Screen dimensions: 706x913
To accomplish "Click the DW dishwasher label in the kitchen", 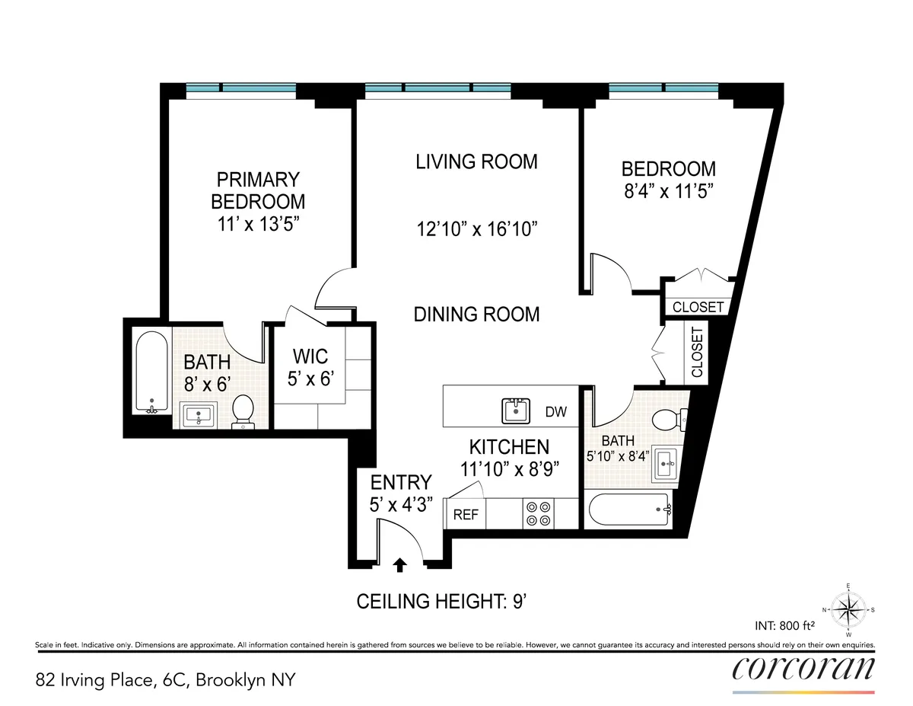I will point(556,412).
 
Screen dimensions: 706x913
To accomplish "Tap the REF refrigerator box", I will point(466,514).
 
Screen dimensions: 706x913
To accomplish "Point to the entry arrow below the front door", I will point(400,564).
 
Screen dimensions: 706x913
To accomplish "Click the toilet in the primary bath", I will point(243,413).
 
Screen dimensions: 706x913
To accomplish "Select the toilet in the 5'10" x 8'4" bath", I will point(667,419).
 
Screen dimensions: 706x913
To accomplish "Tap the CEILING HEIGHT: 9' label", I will point(442,602).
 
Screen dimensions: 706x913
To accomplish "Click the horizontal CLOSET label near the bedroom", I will point(698,307).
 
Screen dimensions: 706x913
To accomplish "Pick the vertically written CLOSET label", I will point(697,353).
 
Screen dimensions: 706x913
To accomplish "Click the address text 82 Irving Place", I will point(164,679).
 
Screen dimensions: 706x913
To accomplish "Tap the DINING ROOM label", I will point(476,314).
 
